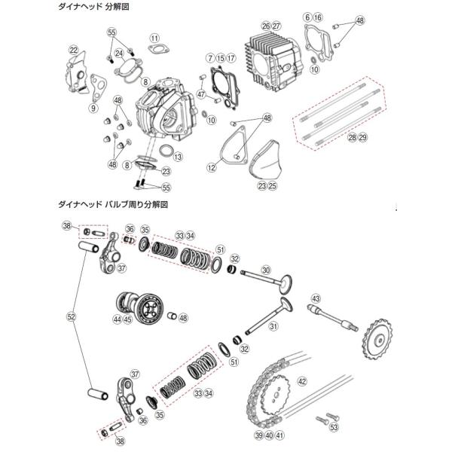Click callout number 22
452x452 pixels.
pos(73,50)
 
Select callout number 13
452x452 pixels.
pos(177,157)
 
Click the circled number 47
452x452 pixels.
pos(201,94)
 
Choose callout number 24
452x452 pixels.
pos(119,53)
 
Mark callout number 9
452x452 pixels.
pos(93,108)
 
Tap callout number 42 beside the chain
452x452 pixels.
pos(303,380)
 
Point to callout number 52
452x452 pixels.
pos(72,317)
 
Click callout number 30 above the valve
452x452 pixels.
pos(265,270)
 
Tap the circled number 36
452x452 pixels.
pos(130,230)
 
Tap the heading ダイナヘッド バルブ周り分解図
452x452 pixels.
pos(111,204)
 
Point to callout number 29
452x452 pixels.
pos(362,138)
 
